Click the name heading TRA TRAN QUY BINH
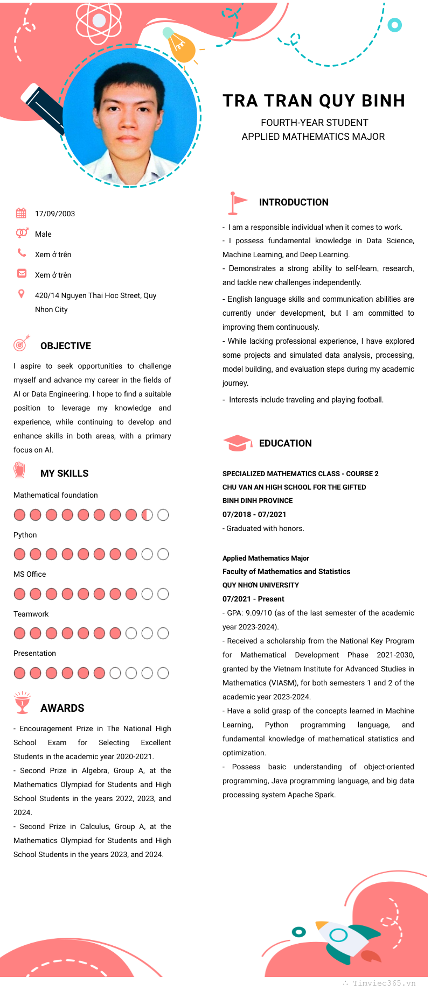click(314, 101)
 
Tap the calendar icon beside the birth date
click(21, 213)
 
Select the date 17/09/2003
click(55, 214)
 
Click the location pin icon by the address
click(22, 294)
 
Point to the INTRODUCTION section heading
click(294, 202)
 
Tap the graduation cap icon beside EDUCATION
click(237, 443)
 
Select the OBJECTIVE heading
click(66, 346)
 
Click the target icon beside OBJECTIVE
click(22, 343)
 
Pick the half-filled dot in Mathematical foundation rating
click(147, 515)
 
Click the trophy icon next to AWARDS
click(22, 703)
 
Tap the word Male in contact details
click(43, 234)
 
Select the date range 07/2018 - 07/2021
click(254, 514)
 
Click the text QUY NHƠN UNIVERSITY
click(261, 585)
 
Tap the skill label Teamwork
click(31, 614)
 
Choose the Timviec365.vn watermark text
click(384, 983)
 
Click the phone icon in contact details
click(22, 252)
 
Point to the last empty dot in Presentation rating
click(163, 673)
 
